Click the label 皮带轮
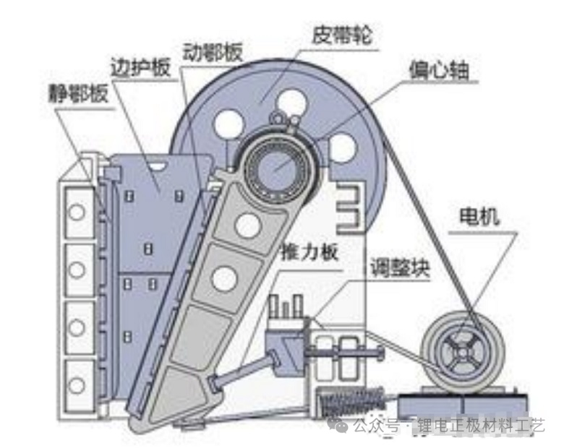(341, 35)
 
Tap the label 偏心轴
(439, 70)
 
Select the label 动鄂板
(213, 53)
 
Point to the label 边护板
(140, 66)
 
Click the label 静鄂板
(78, 92)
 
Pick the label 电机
(479, 217)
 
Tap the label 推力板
(310, 252)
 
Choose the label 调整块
(400, 268)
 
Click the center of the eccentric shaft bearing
(277, 166)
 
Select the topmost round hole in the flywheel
(291, 102)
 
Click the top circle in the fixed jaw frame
(77, 212)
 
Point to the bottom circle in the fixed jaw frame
(77, 385)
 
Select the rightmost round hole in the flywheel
(342, 147)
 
